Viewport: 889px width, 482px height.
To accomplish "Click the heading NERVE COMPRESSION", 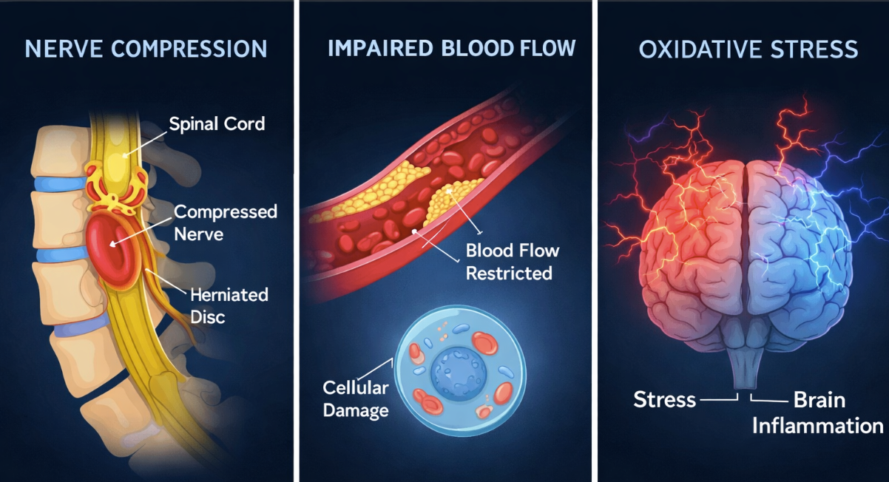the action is [146, 49].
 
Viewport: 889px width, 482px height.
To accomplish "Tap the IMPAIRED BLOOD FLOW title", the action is [451, 48].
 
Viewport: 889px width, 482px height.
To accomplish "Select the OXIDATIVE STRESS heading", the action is [748, 50].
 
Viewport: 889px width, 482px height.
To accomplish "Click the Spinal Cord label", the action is [217, 123].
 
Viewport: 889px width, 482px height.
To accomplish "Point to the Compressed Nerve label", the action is [226, 223].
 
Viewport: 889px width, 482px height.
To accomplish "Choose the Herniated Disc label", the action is [229, 306].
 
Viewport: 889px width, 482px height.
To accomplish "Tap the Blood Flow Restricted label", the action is [513, 262].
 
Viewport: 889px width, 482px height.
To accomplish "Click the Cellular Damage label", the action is [356, 399].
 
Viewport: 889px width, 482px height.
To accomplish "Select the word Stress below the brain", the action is [664, 399].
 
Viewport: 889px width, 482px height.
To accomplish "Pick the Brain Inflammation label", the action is [818, 413].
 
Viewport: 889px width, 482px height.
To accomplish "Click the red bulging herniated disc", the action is [112, 248].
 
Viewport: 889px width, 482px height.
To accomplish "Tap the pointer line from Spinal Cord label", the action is [146, 143].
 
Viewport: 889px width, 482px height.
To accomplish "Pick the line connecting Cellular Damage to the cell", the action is [376, 369].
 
